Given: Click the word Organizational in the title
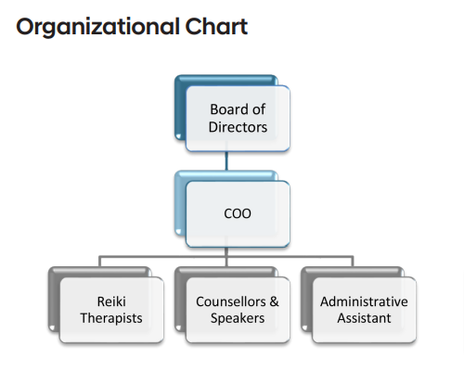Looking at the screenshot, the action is click(97, 27).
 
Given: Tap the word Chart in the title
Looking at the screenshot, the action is click(216, 26).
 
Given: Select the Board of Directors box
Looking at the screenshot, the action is click(238, 119).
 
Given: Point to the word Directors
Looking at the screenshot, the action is click(238, 127).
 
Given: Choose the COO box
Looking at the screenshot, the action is click(238, 214).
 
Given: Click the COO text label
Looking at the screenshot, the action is click(238, 213).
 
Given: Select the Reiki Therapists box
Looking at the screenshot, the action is click(111, 310).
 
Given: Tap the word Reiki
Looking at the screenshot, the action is click(111, 301).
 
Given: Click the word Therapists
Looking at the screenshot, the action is click(111, 318).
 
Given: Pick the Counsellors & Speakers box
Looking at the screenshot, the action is click(238, 310).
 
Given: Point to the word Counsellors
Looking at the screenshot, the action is click(231, 301).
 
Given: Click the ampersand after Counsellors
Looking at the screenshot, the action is click(274, 301).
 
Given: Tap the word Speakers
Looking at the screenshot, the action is click(238, 318).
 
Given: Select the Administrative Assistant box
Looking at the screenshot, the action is click(364, 310).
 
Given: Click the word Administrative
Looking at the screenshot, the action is click(364, 301).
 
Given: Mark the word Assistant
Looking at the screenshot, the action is click(364, 318).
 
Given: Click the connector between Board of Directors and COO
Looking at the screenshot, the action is click(226, 160).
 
